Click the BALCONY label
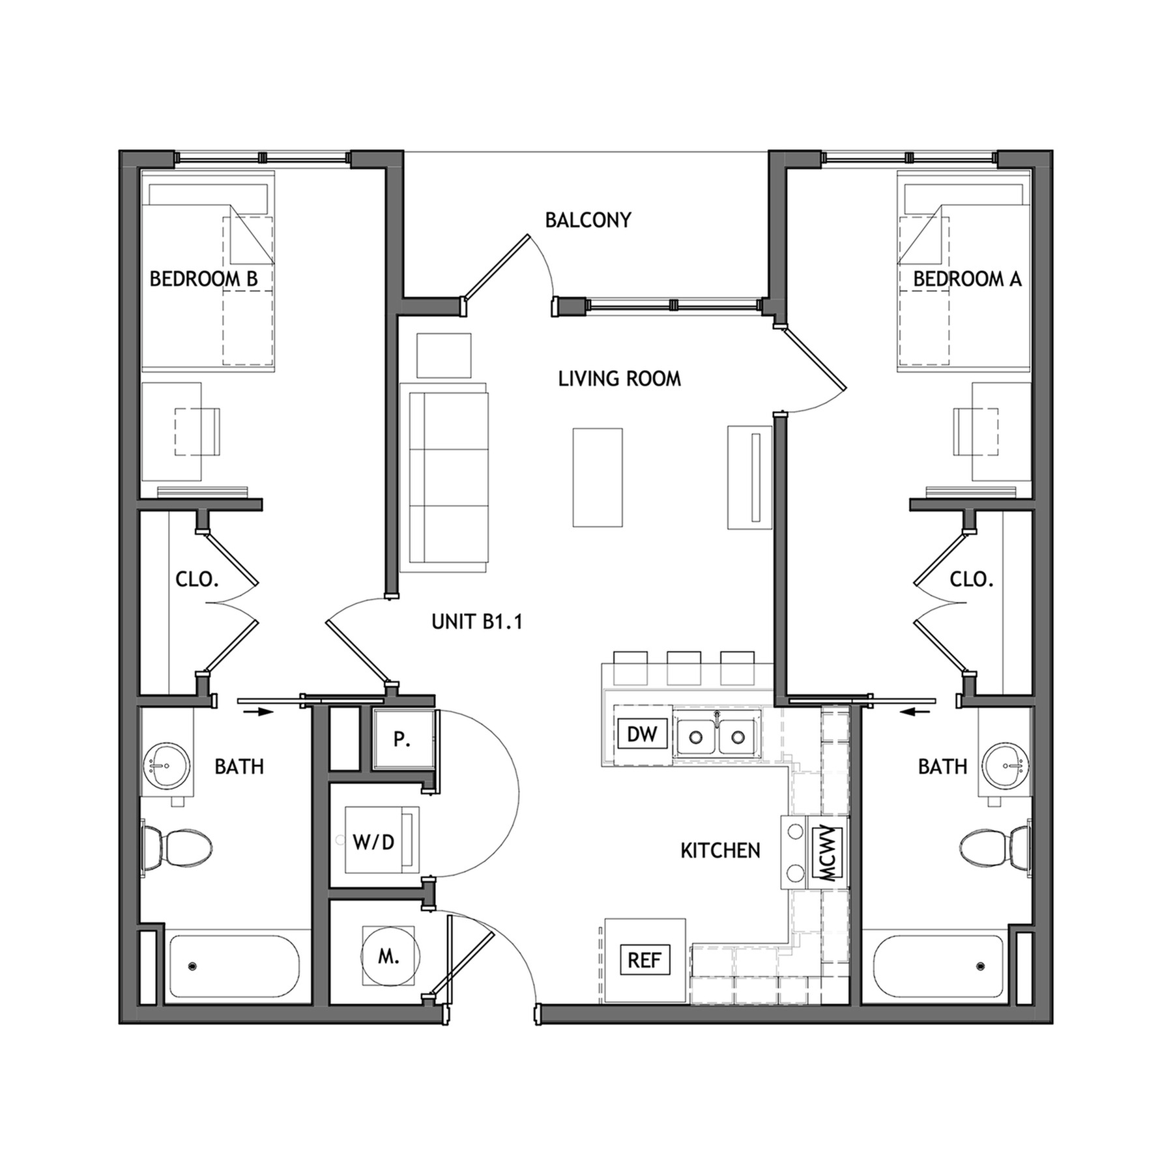coord(588,220)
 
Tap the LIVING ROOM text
coord(619,379)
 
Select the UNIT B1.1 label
coord(477,622)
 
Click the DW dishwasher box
coord(642,734)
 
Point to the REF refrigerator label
coord(644,961)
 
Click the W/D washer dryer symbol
coord(374,842)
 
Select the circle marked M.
coord(388,957)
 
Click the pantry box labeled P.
coord(402,740)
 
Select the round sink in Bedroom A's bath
coord(1006,766)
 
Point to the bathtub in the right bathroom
coord(938,966)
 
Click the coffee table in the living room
coord(598,477)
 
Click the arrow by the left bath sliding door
coord(257,712)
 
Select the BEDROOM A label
coord(966,280)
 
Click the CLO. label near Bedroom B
coord(197,579)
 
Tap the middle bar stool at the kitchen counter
coord(684,667)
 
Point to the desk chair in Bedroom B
coord(197,431)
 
